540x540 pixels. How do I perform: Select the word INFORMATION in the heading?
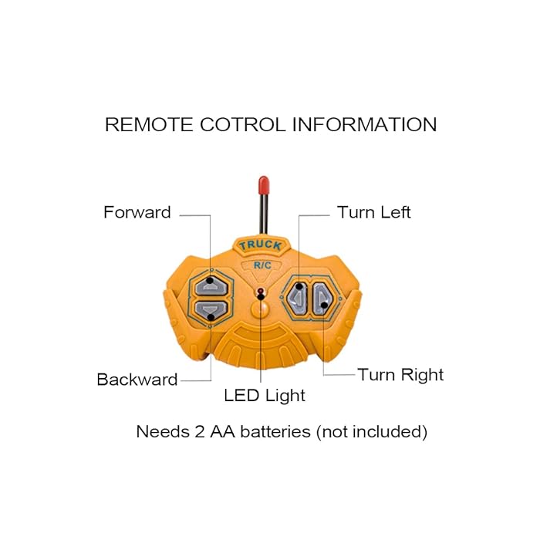coord(364,125)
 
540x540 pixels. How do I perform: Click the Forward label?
coord(137,212)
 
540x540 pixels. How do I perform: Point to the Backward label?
coord(137,380)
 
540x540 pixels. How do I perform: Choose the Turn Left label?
coord(374,212)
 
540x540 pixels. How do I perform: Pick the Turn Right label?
coord(400,375)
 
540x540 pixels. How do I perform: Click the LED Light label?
coord(265,396)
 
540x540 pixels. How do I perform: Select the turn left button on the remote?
coord(300,296)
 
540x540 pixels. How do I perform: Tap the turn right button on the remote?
coord(324,297)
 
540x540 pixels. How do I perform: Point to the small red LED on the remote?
coord(262,291)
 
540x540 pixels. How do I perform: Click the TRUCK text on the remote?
coord(260,246)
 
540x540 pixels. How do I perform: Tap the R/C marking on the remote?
coord(261,265)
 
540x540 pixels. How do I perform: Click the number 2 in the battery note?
coord(196,432)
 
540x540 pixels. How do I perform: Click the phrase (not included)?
coord(371,432)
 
